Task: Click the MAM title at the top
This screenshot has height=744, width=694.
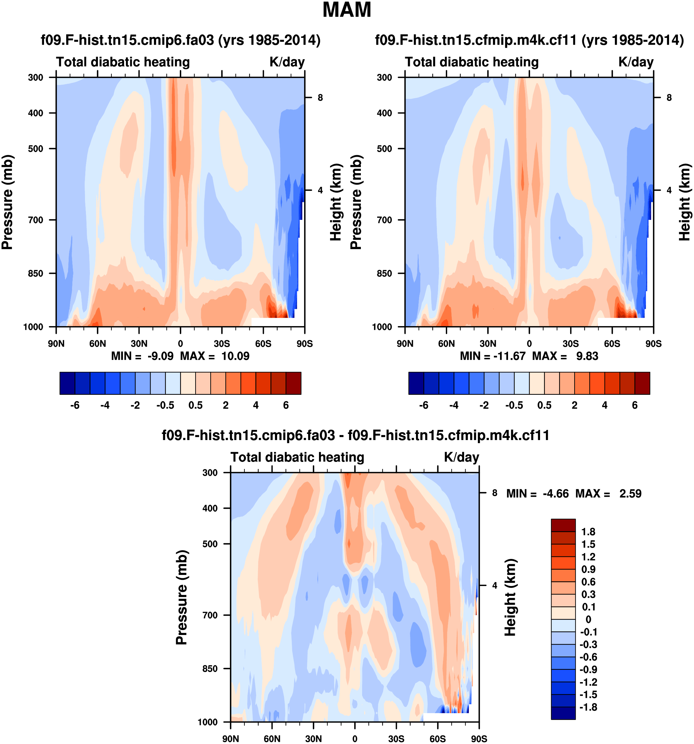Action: click(x=346, y=10)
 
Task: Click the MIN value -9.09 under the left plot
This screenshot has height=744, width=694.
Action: click(x=160, y=356)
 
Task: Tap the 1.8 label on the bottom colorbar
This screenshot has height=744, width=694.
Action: click(x=588, y=532)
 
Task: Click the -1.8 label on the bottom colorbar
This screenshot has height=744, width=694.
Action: click(x=588, y=707)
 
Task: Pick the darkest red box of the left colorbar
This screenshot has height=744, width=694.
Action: click(x=293, y=383)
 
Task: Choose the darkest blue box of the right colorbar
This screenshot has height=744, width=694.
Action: click(x=416, y=383)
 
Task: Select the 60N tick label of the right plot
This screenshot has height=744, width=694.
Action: click(x=446, y=344)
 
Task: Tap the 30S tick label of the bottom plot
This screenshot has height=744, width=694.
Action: click(x=396, y=739)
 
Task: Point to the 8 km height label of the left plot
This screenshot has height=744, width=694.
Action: click(x=320, y=98)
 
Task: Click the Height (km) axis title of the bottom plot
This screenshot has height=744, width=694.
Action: click(x=510, y=598)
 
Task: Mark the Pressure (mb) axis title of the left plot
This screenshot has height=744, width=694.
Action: click(x=7, y=202)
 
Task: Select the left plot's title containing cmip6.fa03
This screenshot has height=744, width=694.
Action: click(x=180, y=40)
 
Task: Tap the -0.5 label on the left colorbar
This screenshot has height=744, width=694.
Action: click(x=165, y=405)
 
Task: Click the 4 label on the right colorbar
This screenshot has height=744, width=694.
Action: click(x=605, y=405)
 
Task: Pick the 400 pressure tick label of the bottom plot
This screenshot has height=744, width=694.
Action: click(x=210, y=508)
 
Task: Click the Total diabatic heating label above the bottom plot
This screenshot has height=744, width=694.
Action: click(x=297, y=457)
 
